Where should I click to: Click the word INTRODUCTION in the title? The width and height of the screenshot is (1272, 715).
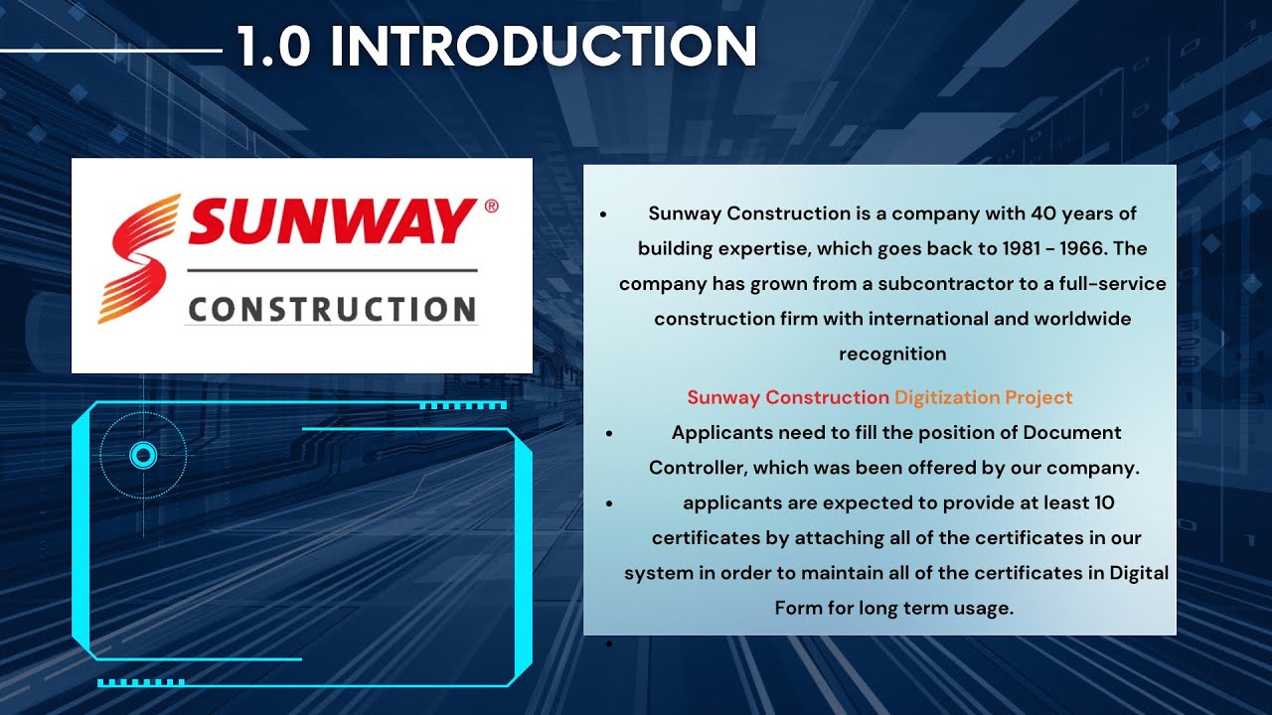tap(543, 46)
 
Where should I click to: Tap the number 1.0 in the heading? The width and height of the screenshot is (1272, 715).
tap(274, 46)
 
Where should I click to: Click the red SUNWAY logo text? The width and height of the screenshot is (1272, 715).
tap(332, 221)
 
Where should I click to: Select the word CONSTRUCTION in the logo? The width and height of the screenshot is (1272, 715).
tap(332, 309)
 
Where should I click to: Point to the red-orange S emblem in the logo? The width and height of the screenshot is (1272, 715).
tap(139, 259)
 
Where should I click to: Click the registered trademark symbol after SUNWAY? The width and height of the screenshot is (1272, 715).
tap(491, 207)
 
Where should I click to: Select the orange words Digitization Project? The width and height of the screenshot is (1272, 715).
tap(983, 397)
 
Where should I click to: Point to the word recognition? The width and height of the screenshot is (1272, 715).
tap(892, 354)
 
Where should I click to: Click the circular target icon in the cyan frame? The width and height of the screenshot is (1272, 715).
tap(143, 456)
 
